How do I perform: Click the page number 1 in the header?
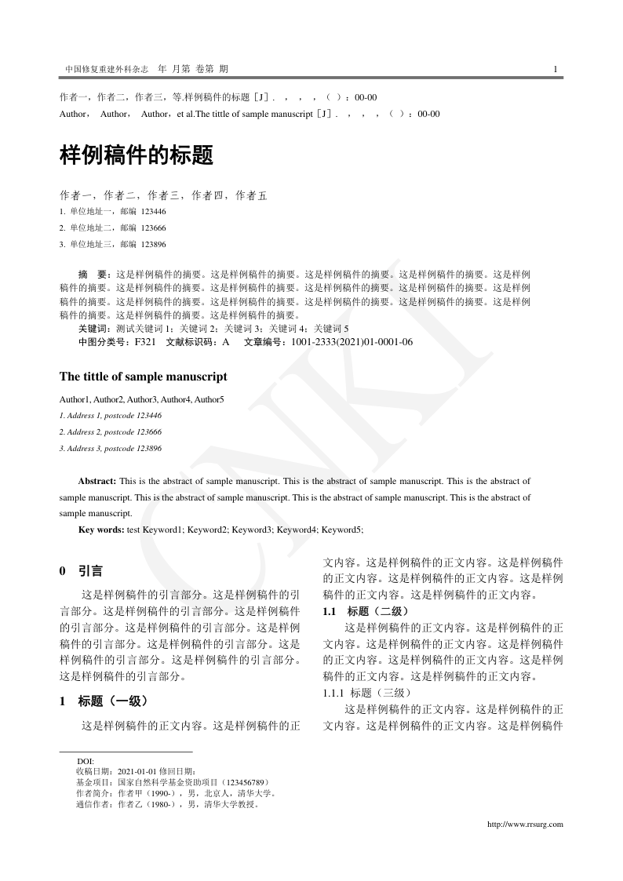pos(555,69)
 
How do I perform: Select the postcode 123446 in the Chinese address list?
pos(154,212)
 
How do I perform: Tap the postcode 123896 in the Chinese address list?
pos(154,245)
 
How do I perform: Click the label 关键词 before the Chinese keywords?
pos(93,329)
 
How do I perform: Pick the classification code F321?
pos(145,342)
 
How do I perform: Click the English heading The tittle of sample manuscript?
pos(144,377)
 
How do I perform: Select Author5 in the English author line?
pos(209,400)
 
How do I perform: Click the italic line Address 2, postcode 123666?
pos(111,432)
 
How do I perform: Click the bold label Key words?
pos(101,530)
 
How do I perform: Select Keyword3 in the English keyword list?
pos(252,530)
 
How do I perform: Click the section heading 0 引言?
pos(81,571)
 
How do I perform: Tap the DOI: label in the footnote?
pos(86,762)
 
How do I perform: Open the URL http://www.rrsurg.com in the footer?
pos(525,825)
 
